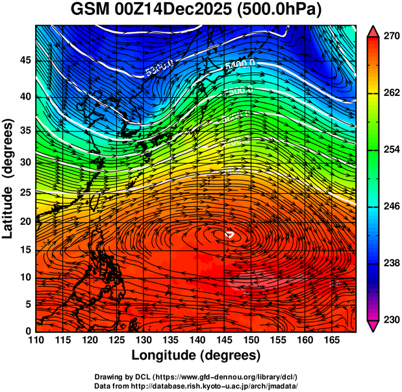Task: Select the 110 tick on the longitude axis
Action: pos(36,340)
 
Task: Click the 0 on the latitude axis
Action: pos(27,330)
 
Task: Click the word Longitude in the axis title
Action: pos(164,355)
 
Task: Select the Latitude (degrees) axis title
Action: pos(8,178)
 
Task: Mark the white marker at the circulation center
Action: pos(229,235)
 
